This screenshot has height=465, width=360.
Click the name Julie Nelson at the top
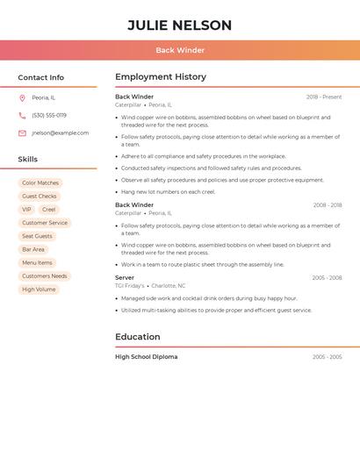coord(179,25)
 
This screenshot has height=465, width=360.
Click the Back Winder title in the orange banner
coord(179,50)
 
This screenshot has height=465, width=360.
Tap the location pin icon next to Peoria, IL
coord(22,98)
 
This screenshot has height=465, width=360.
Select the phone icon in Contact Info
coord(22,116)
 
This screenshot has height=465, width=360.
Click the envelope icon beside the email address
coord(22,133)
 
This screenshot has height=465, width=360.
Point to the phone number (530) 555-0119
coord(49,116)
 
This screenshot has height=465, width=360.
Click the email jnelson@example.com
coord(60,133)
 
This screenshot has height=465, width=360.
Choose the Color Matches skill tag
coord(40,183)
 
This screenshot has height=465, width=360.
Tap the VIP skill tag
coord(26,210)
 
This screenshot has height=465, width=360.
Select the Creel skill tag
coord(49,210)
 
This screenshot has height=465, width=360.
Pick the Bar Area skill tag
coord(33,249)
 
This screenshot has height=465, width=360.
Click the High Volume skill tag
coord(39,290)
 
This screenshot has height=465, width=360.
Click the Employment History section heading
coord(161,77)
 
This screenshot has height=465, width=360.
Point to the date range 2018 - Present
coord(324,97)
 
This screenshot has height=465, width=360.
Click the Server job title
coord(125,277)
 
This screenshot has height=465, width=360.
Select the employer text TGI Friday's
coord(130,285)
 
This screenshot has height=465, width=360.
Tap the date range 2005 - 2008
coord(327,278)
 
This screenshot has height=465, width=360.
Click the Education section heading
coord(138,337)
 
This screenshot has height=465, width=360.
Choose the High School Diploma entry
coord(146,357)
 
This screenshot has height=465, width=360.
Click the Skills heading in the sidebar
coord(28,160)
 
